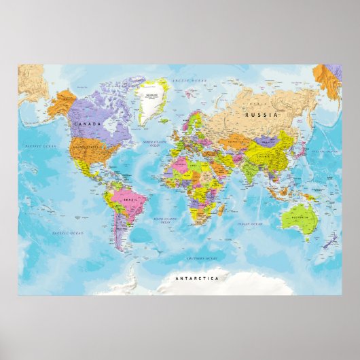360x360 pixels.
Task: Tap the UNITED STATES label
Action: coord(87,145)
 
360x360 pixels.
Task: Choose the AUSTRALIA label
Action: coord(300,217)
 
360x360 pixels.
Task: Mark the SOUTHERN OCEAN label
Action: coord(202,259)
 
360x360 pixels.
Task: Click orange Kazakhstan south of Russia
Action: coord(235,139)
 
